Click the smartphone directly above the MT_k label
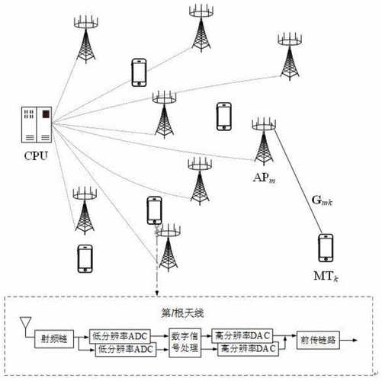pyautogui.click(x=326, y=248)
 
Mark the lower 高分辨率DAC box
pyautogui.click(x=244, y=350)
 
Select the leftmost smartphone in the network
pyautogui.click(x=85, y=258)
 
